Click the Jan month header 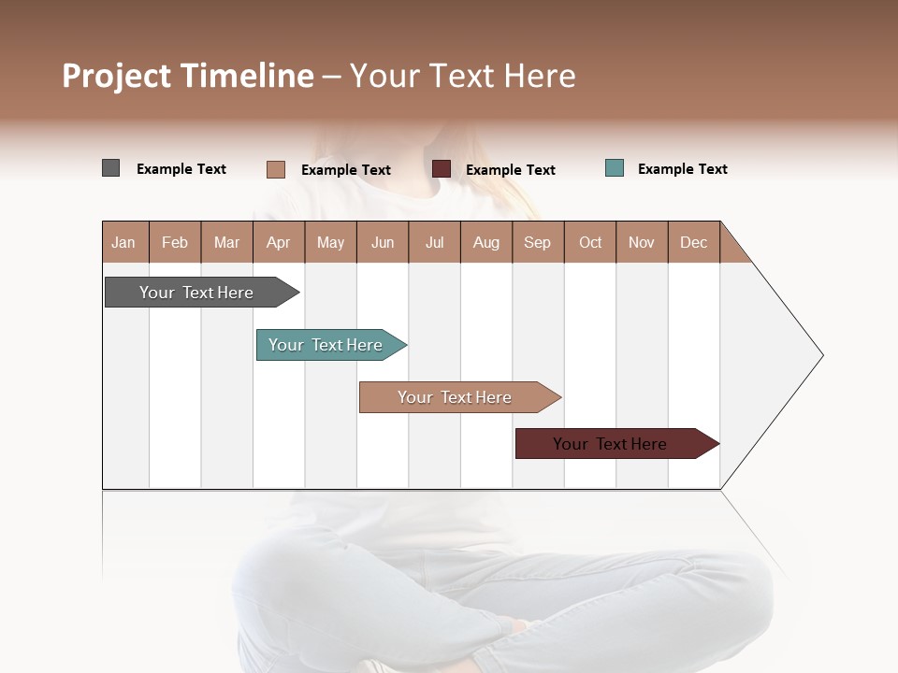tap(124, 242)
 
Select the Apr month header tap(279, 242)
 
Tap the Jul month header tap(434, 242)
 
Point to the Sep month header tap(538, 242)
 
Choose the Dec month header tap(693, 242)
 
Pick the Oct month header tap(590, 242)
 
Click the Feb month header tap(175, 242)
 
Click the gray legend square tap(110, 168)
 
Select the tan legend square tap(276, 169)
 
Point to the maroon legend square tap(442, 169)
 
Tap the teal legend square tap(615, 168)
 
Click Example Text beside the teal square tap(682, 169)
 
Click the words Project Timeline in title tap(188, 76)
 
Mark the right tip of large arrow tap(821, 355)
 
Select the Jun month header tap(383, 242)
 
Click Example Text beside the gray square tap(181, 169)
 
